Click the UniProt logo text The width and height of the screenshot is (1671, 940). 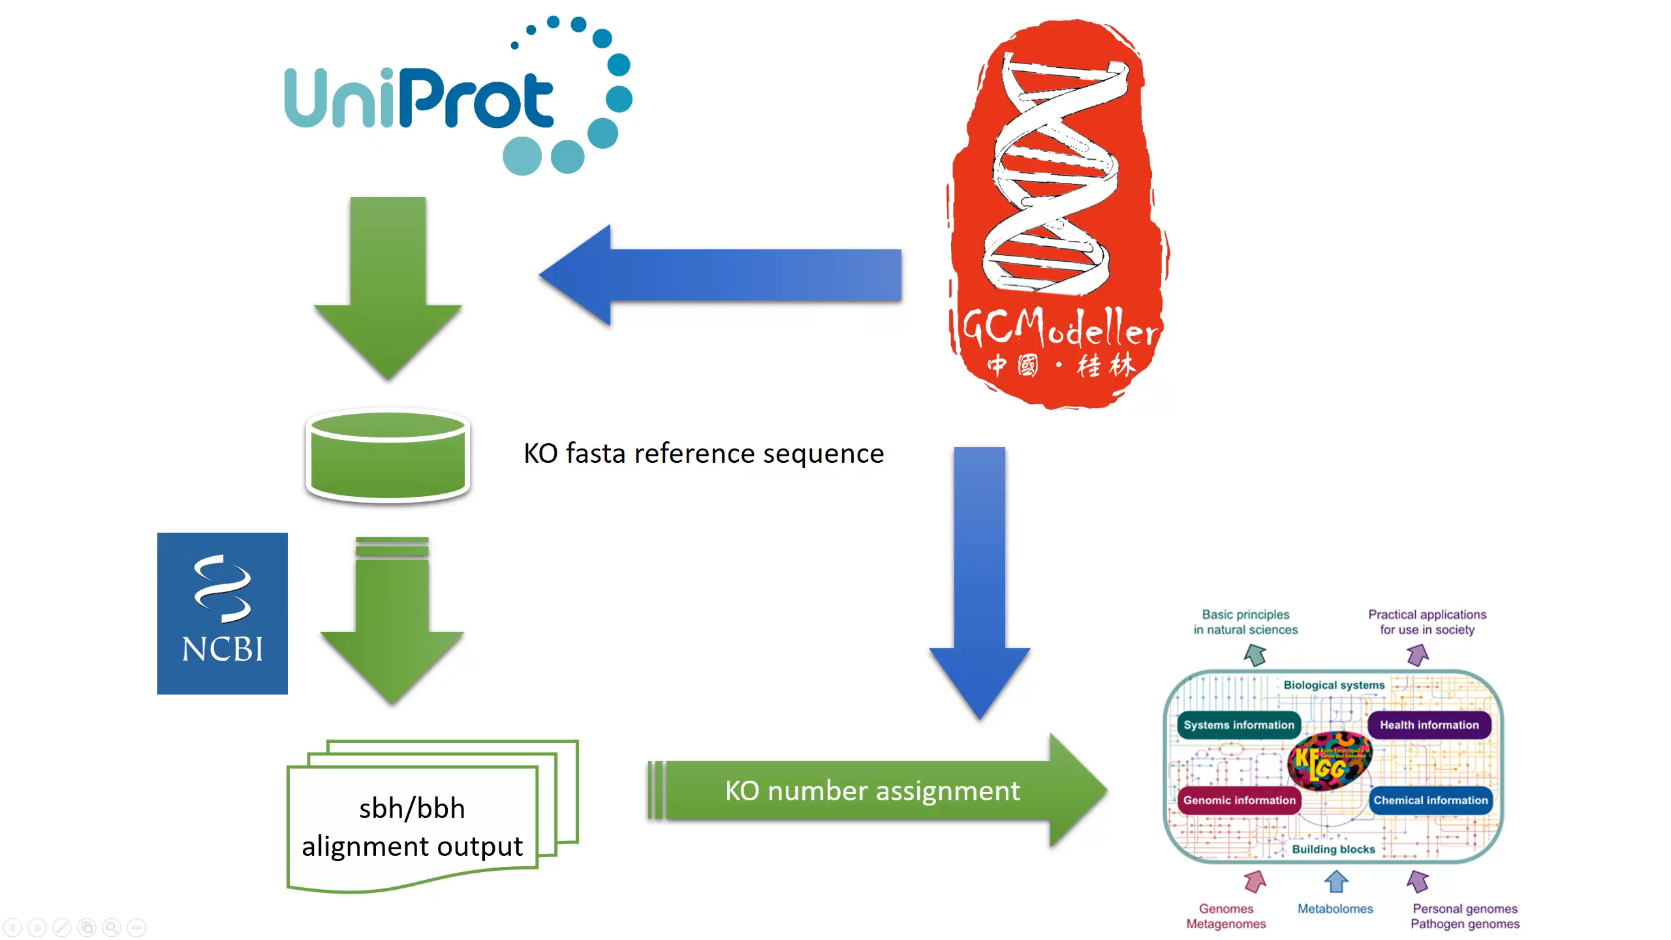(x=418, y=99)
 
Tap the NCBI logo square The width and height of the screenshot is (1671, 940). (x=222, y=613)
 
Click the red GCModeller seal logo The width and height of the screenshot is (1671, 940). (x=1057, y=215)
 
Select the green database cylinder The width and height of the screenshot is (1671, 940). (x=388, y=456)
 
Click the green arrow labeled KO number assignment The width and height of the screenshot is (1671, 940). (x=875, y=791)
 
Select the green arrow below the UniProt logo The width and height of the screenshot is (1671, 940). (x=388, y=287)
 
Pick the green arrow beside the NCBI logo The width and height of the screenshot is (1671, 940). (x=392, y=620)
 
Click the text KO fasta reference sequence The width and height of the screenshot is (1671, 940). (x=704, y=453)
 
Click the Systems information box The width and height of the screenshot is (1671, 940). (x=1238, y=725)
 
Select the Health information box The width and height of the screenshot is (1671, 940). (x=1429, y=725)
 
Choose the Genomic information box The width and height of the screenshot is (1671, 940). (x=1239, y=800)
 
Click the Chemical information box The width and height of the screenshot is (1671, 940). (x=1430, y=800)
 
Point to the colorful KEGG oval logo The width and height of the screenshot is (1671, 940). (x=1330, y=760)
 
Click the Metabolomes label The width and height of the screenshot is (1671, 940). (x=1335, y=909)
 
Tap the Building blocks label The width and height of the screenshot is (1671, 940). (x=1333, y=849)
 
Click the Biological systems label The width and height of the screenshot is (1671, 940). (x=1334, y=685)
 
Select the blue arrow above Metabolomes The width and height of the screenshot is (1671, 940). (x=1335, y=882)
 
